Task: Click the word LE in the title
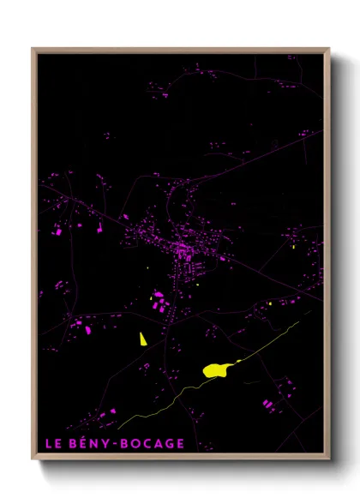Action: pyautogui.click(x=53, y=443)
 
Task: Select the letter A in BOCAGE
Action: pyautogui.click(x=159, y=443)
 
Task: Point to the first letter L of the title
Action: pyautogui.click(x=48, y=443)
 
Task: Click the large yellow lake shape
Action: pyautogui.click(x=216, y=369)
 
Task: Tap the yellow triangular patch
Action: pyautogui.click(x=143, y=339)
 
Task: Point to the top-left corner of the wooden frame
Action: pyautogui.click(x=33, y=49)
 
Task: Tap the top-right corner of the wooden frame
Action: pyautogui.click(x=328, y=49)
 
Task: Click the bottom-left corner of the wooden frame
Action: pyautogui.click(x=33, y=459)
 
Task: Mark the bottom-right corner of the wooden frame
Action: pyautogui.click(x=328, y=459)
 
